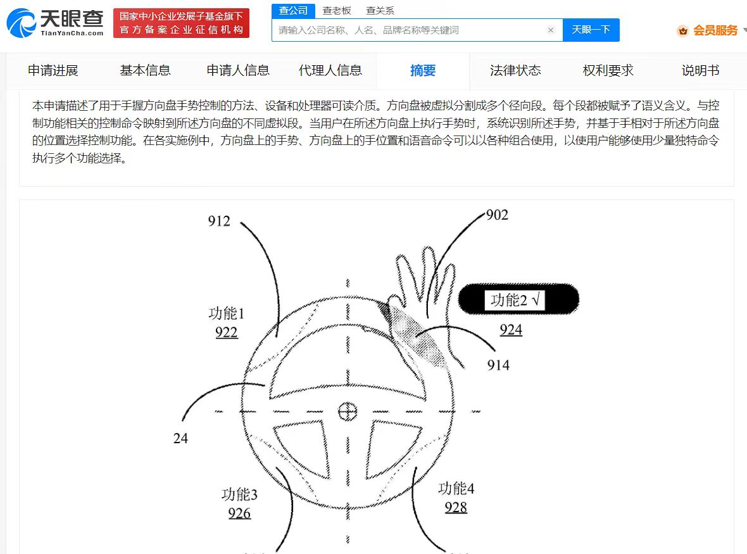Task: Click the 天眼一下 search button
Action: (x=591, y=30)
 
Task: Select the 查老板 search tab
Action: (x=336, y=11)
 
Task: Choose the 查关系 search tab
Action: (x=380, y=11)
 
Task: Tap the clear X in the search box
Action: (x=551, y=30)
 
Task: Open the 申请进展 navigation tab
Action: (x=53, y=70)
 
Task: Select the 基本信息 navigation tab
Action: (x=146, y=70)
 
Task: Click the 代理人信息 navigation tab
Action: (x=330, y=70)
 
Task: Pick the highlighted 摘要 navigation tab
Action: (x=423, y=70)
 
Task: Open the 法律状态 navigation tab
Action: (x=515, y=70)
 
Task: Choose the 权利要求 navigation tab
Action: (x=608, y=70)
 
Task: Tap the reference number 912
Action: (x=219, y=221)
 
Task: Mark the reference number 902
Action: (x=497, y=215)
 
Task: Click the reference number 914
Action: (x=498, y=365)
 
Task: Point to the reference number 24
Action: (x=180, y=438)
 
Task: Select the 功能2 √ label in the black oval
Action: (x=515, y=300)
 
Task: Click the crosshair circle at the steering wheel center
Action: (x=348, y=412)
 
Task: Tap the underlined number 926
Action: (x=239, y=513)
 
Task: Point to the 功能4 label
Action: (x=456, y=488)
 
